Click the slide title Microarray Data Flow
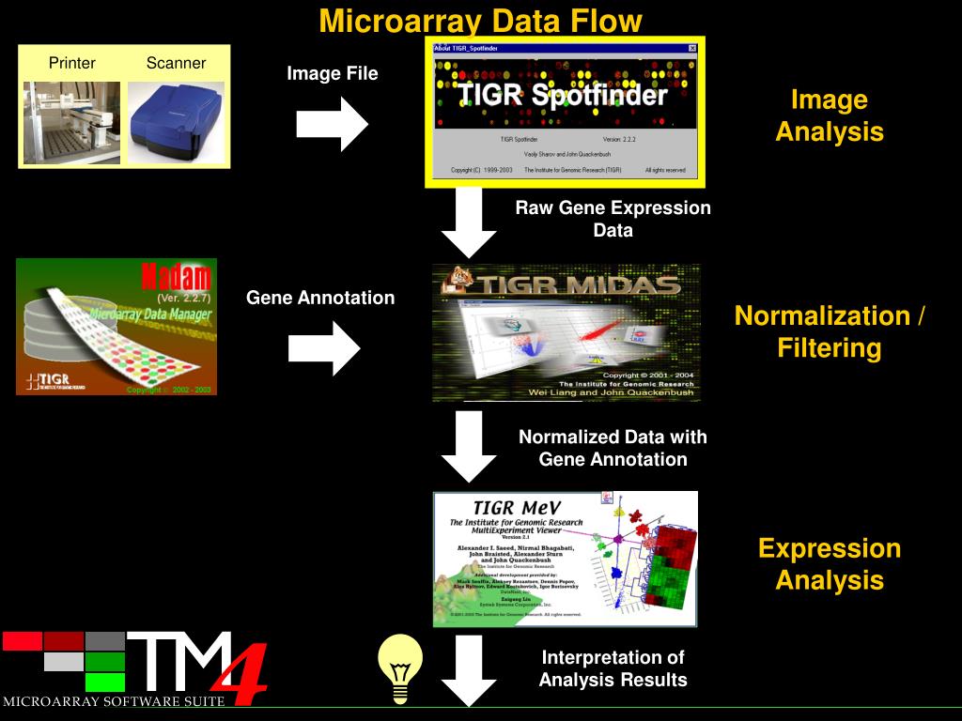[x=480, y=21]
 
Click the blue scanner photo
[x=176, y=122]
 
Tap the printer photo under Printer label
[x=71, y=122]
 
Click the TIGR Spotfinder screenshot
[x=565, y=112]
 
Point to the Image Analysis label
[x=829, y=115]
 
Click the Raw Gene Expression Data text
[x=613, y=219]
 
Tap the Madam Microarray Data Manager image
[x=116, y=327]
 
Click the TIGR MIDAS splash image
[x=566, y=332]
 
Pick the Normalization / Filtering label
[x=829, y=331]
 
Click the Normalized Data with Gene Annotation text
[x=613, y=448]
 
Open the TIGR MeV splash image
[x=565, y=559]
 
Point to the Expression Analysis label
[x=829, y=563]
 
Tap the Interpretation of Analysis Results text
[x=613, y=668]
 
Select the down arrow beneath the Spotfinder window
[x=469, y=223]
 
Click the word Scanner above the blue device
[x=176, y=64]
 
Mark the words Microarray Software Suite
[x=114, y=701]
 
